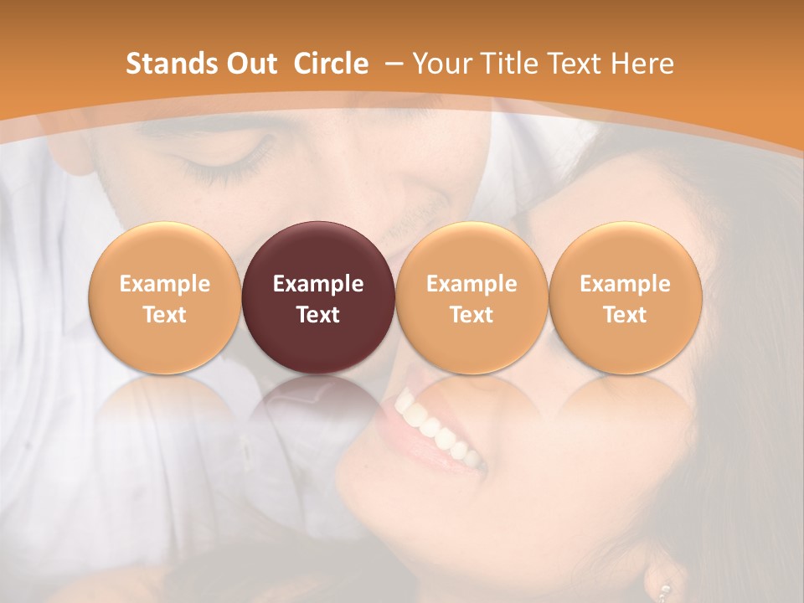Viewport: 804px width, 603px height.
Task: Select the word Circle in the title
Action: pos(331,64)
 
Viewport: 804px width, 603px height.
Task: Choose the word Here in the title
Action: pos(644,64)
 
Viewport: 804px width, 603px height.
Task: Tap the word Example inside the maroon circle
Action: pos(318,284)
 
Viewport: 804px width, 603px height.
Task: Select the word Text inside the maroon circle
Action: pos(318,315)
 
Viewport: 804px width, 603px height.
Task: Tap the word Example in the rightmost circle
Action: pos(625,284)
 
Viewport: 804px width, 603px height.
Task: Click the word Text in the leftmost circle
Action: pos(165,315)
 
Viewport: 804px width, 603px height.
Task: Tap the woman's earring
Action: pos(664,590)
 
